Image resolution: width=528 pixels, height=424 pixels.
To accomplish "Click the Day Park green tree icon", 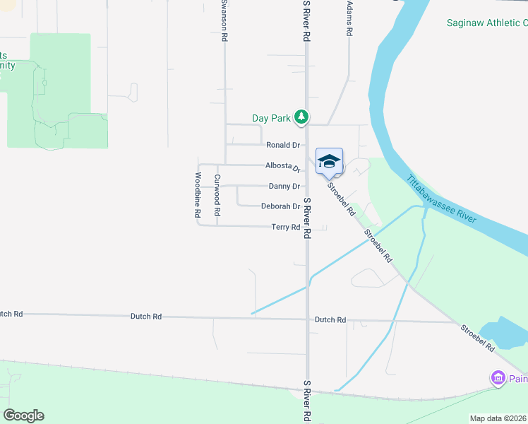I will pos(301,117).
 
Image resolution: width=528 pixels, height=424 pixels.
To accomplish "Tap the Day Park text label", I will pos(272,118).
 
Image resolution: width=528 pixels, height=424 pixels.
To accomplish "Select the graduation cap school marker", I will pos(329,161).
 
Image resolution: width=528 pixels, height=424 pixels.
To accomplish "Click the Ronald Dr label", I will pos(282,145).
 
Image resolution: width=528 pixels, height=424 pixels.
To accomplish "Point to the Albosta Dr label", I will pos(282,166).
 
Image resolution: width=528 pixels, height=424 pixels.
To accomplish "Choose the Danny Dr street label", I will pos(284,187).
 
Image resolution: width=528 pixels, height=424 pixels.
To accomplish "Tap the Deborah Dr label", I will pos(281,206).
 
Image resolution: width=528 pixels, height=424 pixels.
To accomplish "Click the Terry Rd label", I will pos(286,227).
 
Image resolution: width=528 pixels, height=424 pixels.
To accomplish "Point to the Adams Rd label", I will pos(349,19).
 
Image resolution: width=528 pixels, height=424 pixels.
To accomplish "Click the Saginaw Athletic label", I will pos(486,23).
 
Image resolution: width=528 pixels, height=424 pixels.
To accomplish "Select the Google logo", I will pos(23,416).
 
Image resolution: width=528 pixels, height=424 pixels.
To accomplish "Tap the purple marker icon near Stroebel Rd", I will pos(498,379).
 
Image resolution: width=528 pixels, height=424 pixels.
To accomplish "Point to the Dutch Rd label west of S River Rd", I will pos(146,317).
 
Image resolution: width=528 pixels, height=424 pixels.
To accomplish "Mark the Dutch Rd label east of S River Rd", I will pos(330,320).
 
